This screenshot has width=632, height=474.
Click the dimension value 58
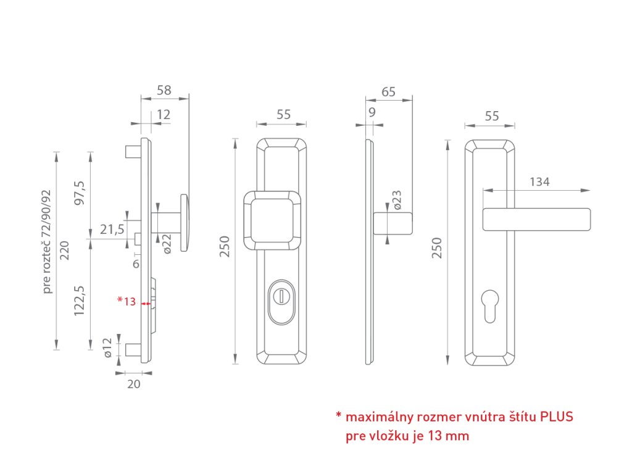point(164,90)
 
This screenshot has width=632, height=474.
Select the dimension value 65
point(389,92)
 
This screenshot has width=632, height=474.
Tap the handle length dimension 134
point(539,181)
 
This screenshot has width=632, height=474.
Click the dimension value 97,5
point(79,196)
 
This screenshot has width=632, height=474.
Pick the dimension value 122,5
point(79,301)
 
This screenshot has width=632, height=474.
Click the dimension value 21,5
point(112,230)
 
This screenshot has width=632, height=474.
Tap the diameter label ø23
point(397,200)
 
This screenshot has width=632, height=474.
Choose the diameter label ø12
point(107,347)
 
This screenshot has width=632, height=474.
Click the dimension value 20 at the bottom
point(134,384)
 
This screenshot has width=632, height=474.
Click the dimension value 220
point(64,251)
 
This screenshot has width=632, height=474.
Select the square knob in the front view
point(273,220)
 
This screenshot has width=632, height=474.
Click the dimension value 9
point(372,112)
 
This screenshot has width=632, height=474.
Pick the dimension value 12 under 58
point(163,114)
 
